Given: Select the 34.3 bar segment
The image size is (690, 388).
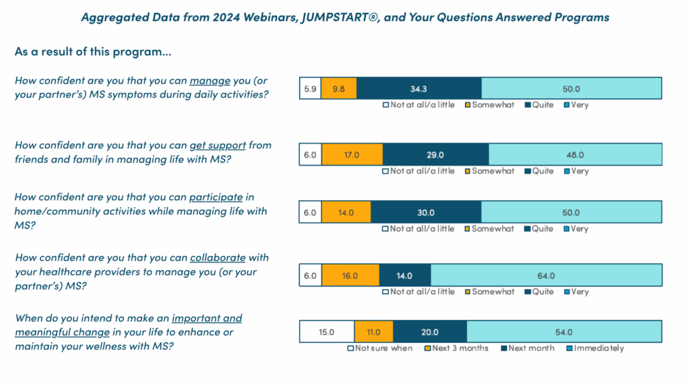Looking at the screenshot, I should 419,89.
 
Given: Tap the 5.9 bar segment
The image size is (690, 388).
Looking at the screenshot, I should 310,89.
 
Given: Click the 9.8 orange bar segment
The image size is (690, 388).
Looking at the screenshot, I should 338,89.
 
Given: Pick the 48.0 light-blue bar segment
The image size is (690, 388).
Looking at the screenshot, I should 575,155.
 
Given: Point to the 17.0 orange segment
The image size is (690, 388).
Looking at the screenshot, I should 352,155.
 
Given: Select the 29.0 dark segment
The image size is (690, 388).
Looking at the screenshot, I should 435,155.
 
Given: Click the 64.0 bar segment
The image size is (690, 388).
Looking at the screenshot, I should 546,276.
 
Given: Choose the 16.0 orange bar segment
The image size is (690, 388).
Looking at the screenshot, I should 350,276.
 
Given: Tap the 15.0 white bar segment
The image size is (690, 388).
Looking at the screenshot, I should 326,332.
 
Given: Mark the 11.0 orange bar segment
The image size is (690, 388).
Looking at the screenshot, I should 373,332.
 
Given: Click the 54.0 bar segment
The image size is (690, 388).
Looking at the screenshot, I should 563,332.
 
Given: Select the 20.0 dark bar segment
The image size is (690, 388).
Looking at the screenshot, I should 429,332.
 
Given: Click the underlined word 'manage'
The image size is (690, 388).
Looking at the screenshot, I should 210,81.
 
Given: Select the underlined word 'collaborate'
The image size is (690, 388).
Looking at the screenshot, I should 218,258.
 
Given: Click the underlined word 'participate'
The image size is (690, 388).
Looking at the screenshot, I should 216,197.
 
